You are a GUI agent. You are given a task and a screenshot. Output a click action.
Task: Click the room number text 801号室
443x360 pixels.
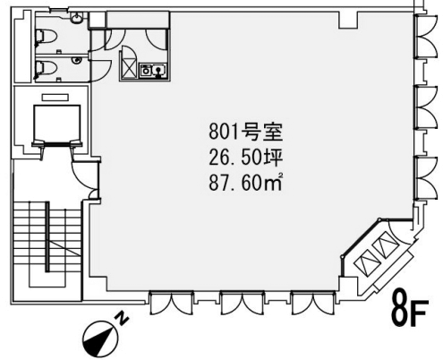click(245, 132)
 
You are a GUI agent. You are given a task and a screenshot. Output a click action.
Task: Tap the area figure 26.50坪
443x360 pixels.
click(245, 158)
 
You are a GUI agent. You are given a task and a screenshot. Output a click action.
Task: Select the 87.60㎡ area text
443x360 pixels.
click(245, 183)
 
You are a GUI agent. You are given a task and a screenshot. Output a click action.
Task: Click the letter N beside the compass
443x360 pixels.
click(122, 318)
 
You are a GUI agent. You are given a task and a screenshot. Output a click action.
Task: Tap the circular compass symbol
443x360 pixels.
click(100, 339)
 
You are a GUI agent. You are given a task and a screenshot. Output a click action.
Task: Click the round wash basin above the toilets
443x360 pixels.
click(77, 18)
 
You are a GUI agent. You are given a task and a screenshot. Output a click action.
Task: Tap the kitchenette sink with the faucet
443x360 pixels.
click(159, 71)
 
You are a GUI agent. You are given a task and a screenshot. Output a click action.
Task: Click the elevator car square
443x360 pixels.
click(56, 123)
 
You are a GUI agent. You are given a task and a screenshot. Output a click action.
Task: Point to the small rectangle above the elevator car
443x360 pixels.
click(55, 98)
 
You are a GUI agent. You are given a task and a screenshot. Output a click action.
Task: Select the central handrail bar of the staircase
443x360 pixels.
click(47, 236)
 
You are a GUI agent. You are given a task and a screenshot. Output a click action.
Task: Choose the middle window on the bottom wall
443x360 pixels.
click(243, 304)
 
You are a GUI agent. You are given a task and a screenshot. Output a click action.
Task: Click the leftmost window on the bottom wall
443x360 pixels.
click(172, 304)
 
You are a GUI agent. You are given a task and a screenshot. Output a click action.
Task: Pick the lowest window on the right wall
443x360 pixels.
click(426, 178)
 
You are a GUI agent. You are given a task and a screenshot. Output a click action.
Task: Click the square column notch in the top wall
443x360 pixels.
click(348, 20)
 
